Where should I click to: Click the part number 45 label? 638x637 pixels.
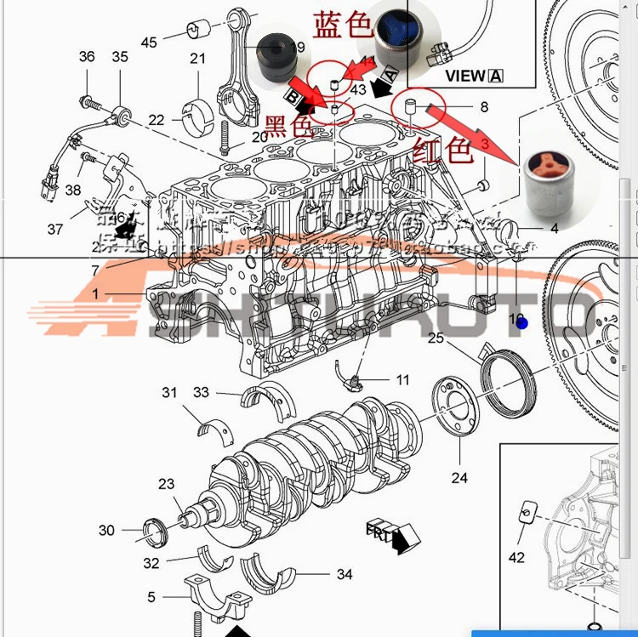[x=150, y=42]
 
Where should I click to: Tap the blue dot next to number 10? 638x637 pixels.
[x=522, y=323]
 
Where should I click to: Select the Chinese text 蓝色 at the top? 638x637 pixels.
[x=344, y=25]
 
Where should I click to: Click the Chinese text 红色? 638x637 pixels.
[x=442, y=151]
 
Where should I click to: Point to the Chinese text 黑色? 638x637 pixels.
[x=288, y=127]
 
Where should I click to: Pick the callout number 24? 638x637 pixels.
[x=459, y=478]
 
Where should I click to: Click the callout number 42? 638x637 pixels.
[x=516, y=558]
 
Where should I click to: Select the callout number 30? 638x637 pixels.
[x=106, y=530]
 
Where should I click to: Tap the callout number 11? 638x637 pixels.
[x=402, y=379]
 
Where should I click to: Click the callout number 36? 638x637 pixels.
[x=87, y=57]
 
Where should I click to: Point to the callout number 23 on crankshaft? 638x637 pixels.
[x=166, y=484]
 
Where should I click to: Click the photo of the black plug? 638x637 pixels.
[x=277, y=56]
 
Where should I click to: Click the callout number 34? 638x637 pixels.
[x=344, y=575]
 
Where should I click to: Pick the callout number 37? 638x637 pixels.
[x=55, y=229]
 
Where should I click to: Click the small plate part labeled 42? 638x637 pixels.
[x=526, y=514]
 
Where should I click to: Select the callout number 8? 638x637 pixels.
[x=484, y=107]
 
